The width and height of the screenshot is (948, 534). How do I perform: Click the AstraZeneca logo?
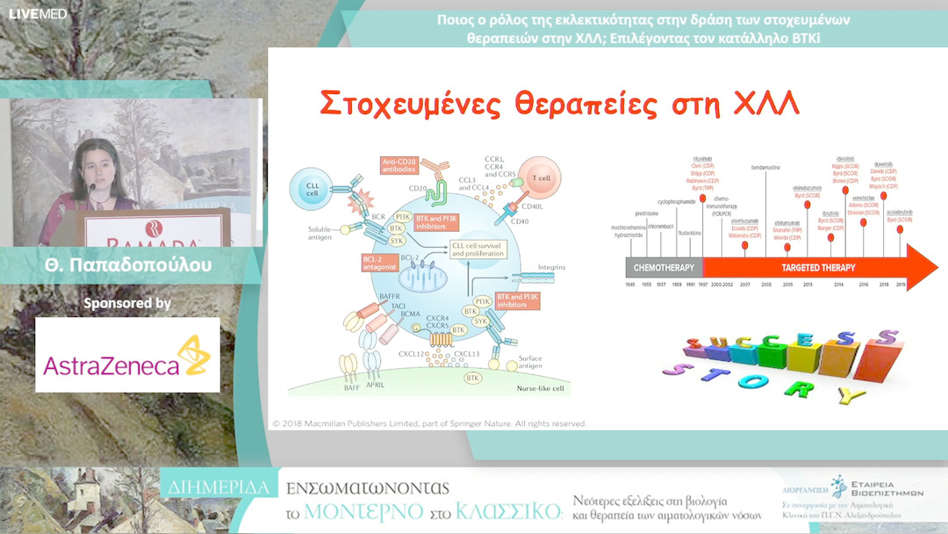pos(127,355)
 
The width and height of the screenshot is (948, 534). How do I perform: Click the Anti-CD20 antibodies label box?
pos(401,165)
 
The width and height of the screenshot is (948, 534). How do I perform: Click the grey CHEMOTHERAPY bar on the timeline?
pos(663,268)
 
